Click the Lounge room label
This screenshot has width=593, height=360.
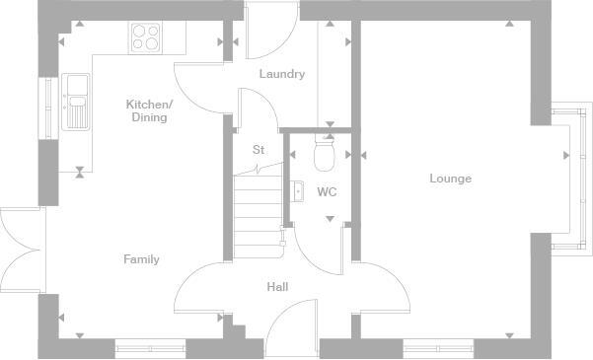(x=450, y=179)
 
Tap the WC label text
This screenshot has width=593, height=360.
(x=327, y=192)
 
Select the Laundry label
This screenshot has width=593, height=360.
(x=281, y=74)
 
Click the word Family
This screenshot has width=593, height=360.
(x=141, y=259)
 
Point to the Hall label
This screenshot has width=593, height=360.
(x=277, y=287)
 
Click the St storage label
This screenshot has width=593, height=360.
(x=259, y=150)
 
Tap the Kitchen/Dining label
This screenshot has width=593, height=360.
(x=149, y=110)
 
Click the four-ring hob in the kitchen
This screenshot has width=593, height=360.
(x=145, y=37)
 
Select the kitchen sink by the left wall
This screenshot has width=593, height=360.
(x=75, y=103)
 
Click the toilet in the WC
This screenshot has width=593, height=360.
(x=325, y=154)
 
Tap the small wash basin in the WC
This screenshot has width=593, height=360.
(x=298, y=191)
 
